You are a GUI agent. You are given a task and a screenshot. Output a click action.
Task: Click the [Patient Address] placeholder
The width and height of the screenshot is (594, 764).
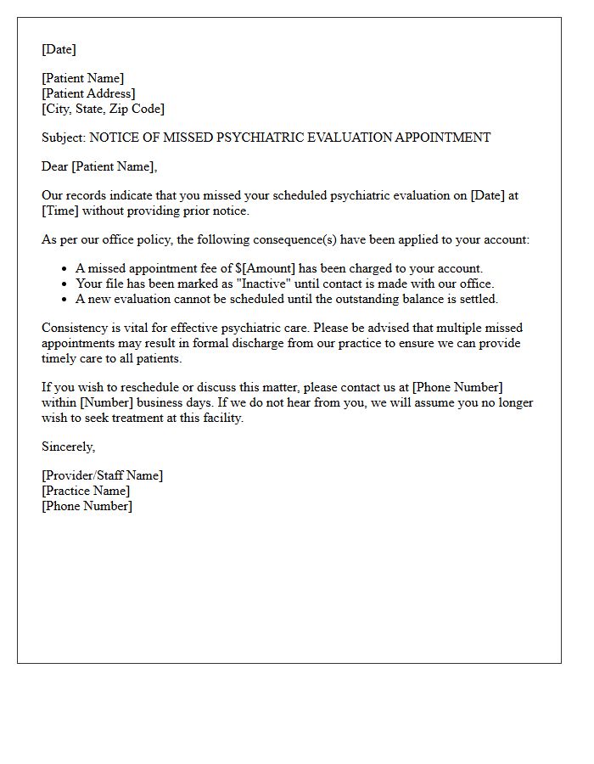[x=88, y=93]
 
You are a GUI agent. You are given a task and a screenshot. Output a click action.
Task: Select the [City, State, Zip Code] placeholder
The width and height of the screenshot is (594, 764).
[x=103, y=109]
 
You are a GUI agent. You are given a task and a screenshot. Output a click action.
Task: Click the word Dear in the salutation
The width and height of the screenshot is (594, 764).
[x=55, y=166]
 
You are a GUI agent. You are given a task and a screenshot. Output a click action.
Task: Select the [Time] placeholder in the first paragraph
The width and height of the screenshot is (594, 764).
[x=60, y=211]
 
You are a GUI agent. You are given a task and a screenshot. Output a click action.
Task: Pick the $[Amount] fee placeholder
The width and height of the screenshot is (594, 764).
[x=265, y=268]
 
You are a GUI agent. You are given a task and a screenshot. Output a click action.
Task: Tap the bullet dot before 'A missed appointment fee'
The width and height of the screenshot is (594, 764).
[x=65, y=269]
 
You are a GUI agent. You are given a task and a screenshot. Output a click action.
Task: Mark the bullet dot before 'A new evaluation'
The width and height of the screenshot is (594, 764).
[x=65, y=300]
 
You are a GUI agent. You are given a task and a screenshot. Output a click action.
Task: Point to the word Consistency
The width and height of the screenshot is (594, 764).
[x=75, y=328]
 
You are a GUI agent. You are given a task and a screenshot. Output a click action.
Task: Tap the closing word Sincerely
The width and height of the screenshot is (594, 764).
[x=68, y=447]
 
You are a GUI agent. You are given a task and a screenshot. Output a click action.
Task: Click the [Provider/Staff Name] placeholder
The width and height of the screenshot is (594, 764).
[x=102, y=475]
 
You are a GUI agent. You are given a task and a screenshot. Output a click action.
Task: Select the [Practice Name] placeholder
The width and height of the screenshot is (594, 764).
[x=86, y=491]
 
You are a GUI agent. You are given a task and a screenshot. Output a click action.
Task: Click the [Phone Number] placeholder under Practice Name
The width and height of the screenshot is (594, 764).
[x=87, y=506]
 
